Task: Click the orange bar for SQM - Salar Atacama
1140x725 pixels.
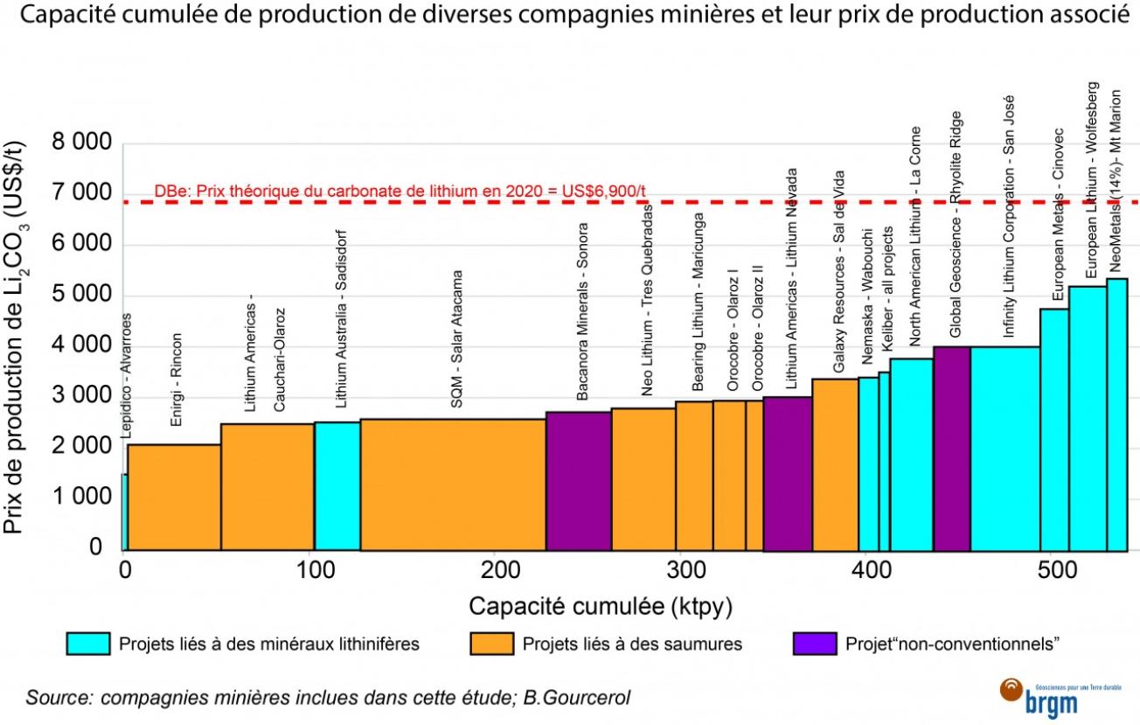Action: (x=453, y=485)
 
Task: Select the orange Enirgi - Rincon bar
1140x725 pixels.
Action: (x=174, y=498)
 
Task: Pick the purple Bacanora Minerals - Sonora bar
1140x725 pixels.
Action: (x=578, y=482)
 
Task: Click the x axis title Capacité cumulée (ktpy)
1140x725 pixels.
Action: (x=601, y=606)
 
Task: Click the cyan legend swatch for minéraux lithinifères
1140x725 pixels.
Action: (x=89, y=644)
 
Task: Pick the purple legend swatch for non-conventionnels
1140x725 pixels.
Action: (x=814, y=644)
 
